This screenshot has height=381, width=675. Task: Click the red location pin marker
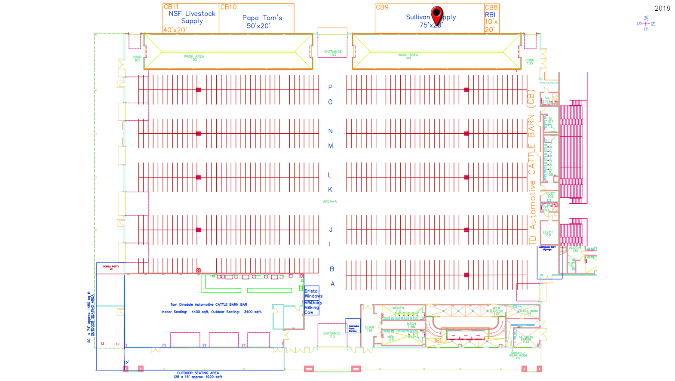[437, 15]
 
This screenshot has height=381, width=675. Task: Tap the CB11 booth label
[171, 7]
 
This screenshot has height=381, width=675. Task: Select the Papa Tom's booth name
[262, 18]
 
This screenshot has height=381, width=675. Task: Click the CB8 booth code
[491, 7]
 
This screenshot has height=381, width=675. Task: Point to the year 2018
[662, 8]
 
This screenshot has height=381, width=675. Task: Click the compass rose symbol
[646, 24]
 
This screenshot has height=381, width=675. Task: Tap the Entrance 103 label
[333, 53]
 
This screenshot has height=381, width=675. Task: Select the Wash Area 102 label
[194, 58]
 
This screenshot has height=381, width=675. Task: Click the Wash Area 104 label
[408, 56]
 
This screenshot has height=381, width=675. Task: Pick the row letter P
[330, 87]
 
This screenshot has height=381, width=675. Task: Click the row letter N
[330, 131]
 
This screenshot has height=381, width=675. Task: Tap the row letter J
[330, 230]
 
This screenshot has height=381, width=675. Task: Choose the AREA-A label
[330, 201]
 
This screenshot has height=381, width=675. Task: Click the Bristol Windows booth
[313, 293]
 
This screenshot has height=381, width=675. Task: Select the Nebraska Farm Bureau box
[353, 329]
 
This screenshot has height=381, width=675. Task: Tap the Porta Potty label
[111, 267]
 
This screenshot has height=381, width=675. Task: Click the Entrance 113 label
[332, 335]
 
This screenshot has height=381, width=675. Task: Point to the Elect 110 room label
[548, 234]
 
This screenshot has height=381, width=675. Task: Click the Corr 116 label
[369, 329]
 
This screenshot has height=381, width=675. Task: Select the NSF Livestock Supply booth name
[192, 17]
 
